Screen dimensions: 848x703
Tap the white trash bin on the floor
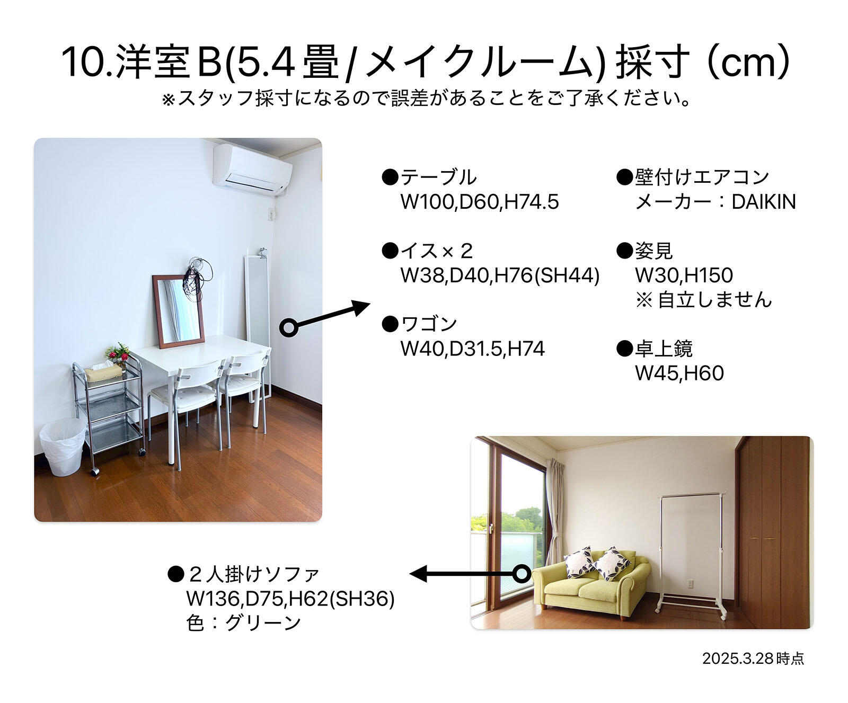click(x=63, y=446)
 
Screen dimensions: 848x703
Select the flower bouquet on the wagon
click(x=117, y=353)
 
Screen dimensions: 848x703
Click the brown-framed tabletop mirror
click(x=178, y=310)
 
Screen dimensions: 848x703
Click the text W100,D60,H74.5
click(x=480, y=202)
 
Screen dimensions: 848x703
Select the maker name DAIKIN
click(x=764, y=202)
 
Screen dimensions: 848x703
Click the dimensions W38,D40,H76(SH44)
click(x=500, y=275)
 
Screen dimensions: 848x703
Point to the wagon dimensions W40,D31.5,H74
click(x=473, y=349)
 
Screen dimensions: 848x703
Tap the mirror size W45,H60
click(x=679, y=373)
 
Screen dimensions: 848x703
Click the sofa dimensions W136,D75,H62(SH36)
click(x=290, y=599)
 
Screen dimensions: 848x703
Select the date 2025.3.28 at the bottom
click(x=753, y=658)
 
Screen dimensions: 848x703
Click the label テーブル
click(x=438, y=177)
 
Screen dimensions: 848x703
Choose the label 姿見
click(x=654, y=251)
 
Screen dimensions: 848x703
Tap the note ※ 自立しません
click(x=703, y=300)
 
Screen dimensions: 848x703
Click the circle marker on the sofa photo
click(x=522, y=573)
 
